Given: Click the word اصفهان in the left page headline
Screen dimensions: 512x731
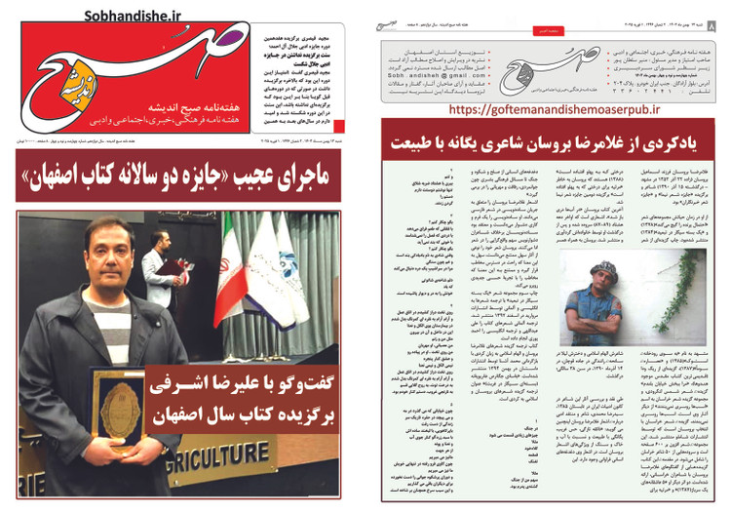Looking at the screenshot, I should click(x=58, y=155).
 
